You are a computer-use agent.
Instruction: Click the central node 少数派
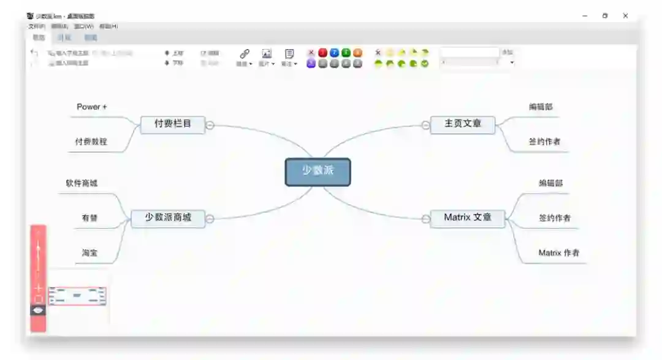point(318,172)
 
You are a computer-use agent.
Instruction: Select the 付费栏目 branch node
point(172,124)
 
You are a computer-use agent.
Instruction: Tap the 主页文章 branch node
point(463,124)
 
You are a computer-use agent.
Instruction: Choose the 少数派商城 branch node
point(168,218)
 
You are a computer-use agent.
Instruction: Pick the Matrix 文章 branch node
point(468,218)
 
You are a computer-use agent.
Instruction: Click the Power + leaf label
point(92,107)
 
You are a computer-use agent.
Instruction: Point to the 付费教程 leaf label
point(91,142)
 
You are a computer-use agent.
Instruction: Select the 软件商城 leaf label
point(82,183)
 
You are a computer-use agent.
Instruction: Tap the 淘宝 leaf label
point(90,253)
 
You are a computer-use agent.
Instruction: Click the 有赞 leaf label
point(89,218)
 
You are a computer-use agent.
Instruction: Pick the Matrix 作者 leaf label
point(559,253)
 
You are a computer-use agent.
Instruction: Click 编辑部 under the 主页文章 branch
point(541,107)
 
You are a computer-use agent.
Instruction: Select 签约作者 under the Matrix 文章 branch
point(555,218)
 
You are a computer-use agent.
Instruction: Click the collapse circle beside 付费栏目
point(210,125)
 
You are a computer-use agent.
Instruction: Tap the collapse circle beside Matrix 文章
point(425,219)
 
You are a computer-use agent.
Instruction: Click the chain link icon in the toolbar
point(244,54)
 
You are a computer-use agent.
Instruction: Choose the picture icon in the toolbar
point(267,54)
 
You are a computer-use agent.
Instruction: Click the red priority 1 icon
point(323,53)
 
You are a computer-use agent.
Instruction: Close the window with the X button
point(625,16)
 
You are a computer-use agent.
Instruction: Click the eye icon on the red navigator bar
point(39,310)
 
